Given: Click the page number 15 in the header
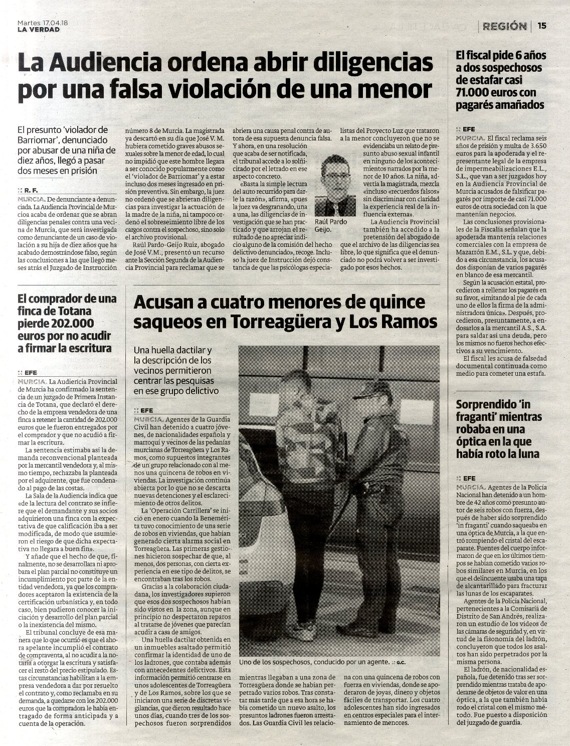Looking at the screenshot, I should (x=542, y=26).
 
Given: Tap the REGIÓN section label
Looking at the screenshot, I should (x=504, y=26).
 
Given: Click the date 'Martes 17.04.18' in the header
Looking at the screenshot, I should (x=39, y=23).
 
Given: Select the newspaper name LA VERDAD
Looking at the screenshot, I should (x=38, y=29).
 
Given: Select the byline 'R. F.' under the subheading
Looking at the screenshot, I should (x=32, y=191).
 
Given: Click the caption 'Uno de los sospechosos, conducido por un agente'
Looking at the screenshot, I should (x=314, y=662).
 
